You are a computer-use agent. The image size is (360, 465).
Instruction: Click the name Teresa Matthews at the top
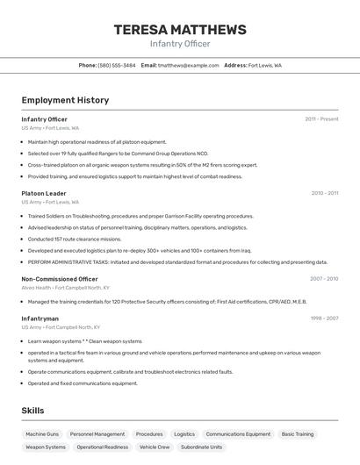(x=180, y=29)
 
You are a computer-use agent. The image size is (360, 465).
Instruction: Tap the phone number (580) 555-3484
(x=117, y=65)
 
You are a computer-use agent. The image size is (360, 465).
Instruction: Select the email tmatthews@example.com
(x=188, y=65)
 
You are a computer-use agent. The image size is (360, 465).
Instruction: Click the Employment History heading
(x=65, y=100)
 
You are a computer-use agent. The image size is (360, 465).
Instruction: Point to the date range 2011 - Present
(x=321, y=119)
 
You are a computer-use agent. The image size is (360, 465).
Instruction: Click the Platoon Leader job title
(x=44, y=193)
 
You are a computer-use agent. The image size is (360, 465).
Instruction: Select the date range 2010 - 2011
(x=324, y=193)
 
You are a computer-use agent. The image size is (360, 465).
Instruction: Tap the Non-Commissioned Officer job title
(x=60, y=279)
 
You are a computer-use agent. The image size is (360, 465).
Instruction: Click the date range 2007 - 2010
(x=324, y=279)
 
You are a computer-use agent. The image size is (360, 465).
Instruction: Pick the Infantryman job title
(x=40, y=318)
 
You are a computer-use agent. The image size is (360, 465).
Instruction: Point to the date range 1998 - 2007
(x=324, y=318)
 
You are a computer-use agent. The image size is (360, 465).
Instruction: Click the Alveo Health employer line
(x=66, y=288)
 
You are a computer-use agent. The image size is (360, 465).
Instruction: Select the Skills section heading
(x=32, y=411)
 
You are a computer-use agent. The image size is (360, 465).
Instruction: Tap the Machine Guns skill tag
(x=42, y=434)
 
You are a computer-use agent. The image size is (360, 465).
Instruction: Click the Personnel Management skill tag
(x=97, y=434)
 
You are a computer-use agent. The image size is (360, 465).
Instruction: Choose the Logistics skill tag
(x=184, y=434)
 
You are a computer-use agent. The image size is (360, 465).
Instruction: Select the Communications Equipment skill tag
(x=238, y=434)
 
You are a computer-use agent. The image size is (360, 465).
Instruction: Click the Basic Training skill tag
(x=298, y=434)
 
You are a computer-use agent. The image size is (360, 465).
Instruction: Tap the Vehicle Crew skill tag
(x=155, y=447)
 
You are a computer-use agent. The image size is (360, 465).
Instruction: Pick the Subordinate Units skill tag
(x=201, y=447)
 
